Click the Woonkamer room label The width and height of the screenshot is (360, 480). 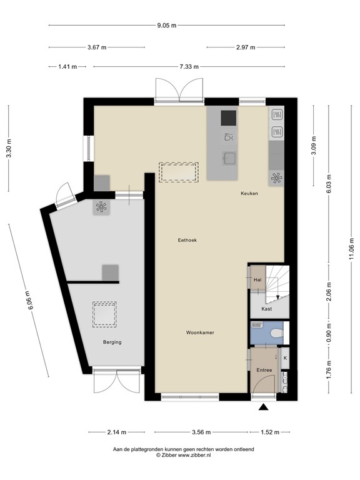click(x=200, y=332)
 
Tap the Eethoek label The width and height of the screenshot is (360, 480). click(x=187, y=240)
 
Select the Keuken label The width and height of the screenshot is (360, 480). click(x=249, y=194)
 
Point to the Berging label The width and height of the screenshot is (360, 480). click(x=112, y=342)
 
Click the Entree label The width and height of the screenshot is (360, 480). click(x=264, y=370)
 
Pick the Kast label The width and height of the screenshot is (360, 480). click(x=267, y=309)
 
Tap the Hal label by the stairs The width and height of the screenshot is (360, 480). click(x=257, y=279)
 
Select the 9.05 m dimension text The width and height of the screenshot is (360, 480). click(x=167, y=26)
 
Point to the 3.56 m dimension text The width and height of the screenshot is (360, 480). click(x=201, y=432)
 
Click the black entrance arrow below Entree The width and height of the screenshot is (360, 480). click(x=263, y=407)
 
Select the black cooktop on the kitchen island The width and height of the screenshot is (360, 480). click(x=229, y=118)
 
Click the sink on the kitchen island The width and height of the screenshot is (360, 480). click(x=229, y=158)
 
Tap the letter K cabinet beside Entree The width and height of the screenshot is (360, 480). click(x=285, y=358)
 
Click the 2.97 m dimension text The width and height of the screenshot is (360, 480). click(x=246, y=47)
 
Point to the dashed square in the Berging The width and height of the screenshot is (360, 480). click(x=104, y=314)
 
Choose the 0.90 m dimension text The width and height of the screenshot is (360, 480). click(x=329, y=332)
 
